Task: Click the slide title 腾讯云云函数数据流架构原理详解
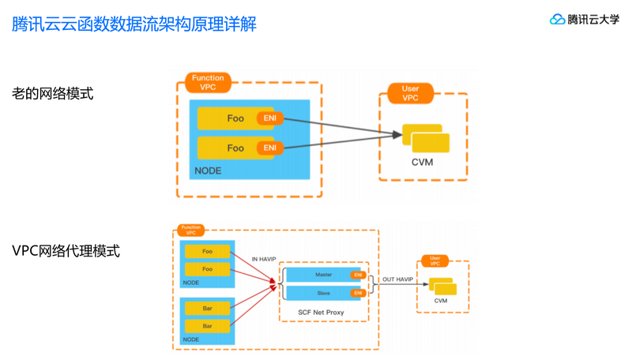click(134, 24)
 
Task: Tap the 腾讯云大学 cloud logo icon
click(558, 20)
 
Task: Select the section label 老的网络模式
click(53, 93)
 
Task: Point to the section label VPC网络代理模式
click(66, 251)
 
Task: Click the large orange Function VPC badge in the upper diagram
click(208, 82)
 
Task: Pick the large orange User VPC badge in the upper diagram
click(410, 93)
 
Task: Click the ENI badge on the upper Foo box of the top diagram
click(270, 118)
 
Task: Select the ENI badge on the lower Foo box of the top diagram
click(270, 148)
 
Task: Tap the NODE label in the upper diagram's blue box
click(208, 171)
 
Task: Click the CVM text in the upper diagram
click(422, 163)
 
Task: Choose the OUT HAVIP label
click(398, 279)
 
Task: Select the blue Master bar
click(323, 275)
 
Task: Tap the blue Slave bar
click(323, 293)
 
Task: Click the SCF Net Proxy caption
click(321, 313)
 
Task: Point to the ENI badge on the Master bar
click(359, 276)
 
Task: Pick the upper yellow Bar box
click(207, 308)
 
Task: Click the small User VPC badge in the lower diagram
click(434, 261)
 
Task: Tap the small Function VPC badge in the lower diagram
click(190, 230)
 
